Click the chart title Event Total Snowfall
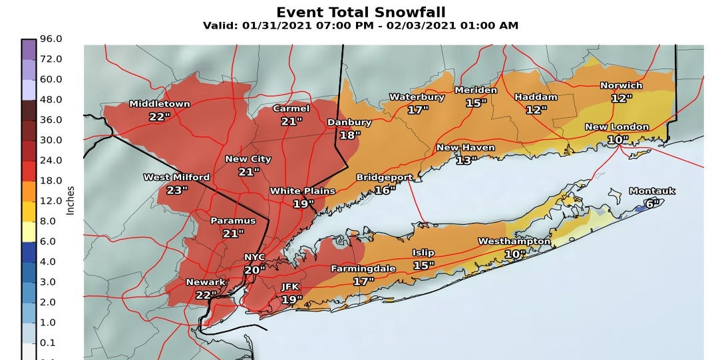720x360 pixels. [x=360, y=12]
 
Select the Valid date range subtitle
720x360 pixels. [x=360, y=26]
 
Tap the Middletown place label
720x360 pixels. [x=159, y=104]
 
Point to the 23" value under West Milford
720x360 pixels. [x=176, y=190]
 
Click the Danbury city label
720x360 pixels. [x=349, y=122]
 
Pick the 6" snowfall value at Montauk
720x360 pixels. [x=650, y=204]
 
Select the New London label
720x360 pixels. [x=616, y=127]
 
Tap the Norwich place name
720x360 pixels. [x=621, y=85]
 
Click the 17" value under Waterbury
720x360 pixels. [x=417, y=110]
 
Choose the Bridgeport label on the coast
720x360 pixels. [x=385, y=178]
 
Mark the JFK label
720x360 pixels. [x=291, y=287]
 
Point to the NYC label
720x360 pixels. [x=254, y=257]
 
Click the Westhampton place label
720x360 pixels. [x=514, y=241]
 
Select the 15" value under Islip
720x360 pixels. [x=423, y=266]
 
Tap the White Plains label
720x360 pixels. [x=302, y=191]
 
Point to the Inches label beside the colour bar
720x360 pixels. [x=71, y=200]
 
